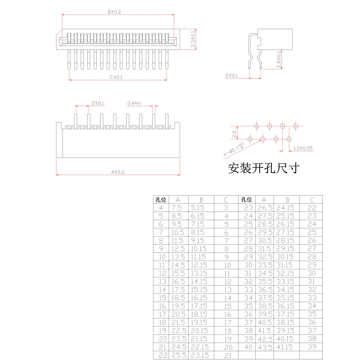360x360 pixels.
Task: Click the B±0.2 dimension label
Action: (x=115, y=12)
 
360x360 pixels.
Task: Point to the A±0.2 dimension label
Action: (x=118, y=172)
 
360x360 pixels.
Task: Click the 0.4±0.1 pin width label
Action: (x=134, y=103)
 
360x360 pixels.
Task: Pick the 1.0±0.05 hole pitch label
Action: (x=303, y=148)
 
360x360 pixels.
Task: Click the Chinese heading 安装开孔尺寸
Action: (x=264, y=168)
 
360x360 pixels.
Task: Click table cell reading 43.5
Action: (x=265, y=347)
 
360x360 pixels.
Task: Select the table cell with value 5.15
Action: (x=198, y=208)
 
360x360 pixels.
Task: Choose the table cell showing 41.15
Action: (x=285, y=347)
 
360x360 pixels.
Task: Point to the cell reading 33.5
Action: (x=265, y=265)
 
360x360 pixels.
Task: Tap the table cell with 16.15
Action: (x=198, y=298)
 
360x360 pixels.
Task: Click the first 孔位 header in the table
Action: (x=161, y=200)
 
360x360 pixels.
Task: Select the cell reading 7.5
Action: (x=177, y=208)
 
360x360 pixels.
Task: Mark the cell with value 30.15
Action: (x=285, y=257)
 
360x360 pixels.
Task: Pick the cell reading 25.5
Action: (x=178, y=355)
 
